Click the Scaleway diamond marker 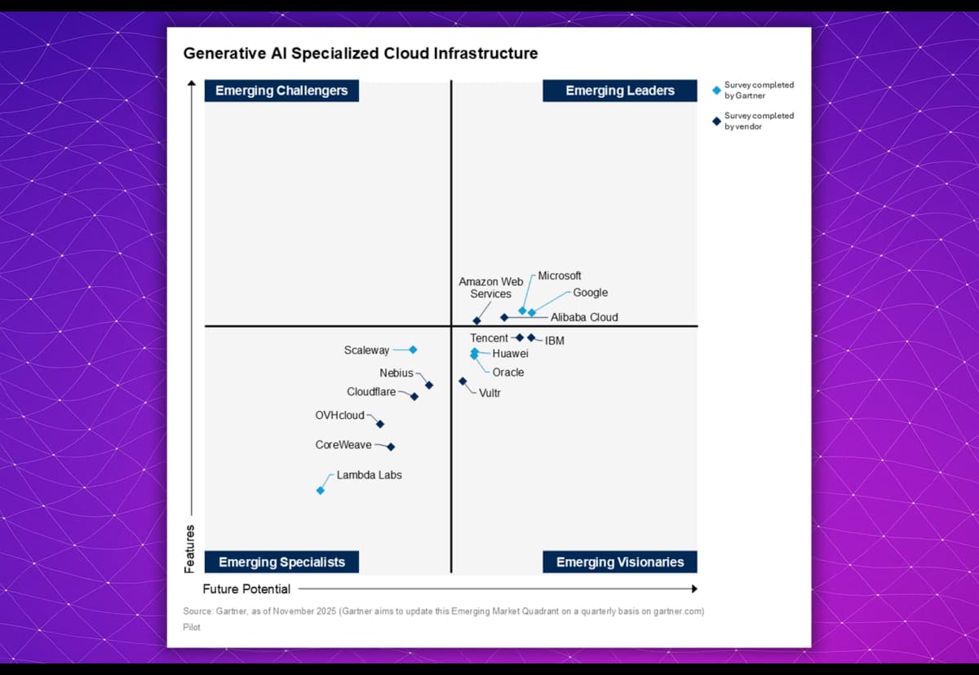coord(413,350)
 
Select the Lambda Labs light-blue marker coord(321,490)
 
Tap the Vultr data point coord(463,381)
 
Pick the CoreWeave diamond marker coord(391,447)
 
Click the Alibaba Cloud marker coord(504,317)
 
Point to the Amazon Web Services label coord(490,288)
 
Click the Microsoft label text coord(560,276)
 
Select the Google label coord(590,293)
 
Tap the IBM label coord(555,341)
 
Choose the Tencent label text coord(489,337)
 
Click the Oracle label coord(508,373)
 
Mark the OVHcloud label coord(339,416)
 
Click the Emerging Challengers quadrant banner coord(281,90)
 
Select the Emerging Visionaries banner coord(620,562)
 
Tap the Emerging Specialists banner coord(281,562)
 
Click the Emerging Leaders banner coord(620,90)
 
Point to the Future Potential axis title coord(246,589)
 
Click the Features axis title coord(190,549)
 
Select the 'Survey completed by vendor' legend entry coord(758,121)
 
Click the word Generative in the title coord(220,54)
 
